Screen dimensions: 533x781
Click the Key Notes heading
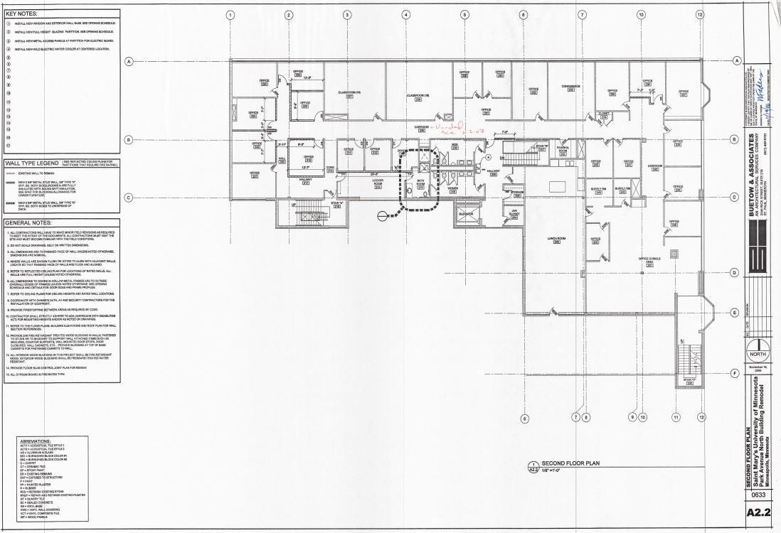tap(22, 14)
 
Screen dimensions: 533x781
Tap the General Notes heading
tap(27, 222)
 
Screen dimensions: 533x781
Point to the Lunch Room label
tap(556, 239)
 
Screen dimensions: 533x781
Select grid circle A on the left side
tap(129, 61)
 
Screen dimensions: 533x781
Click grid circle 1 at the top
tap(230, 15)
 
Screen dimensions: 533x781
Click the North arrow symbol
tap(759, 351)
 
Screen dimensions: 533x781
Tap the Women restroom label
tap(453, 190)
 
